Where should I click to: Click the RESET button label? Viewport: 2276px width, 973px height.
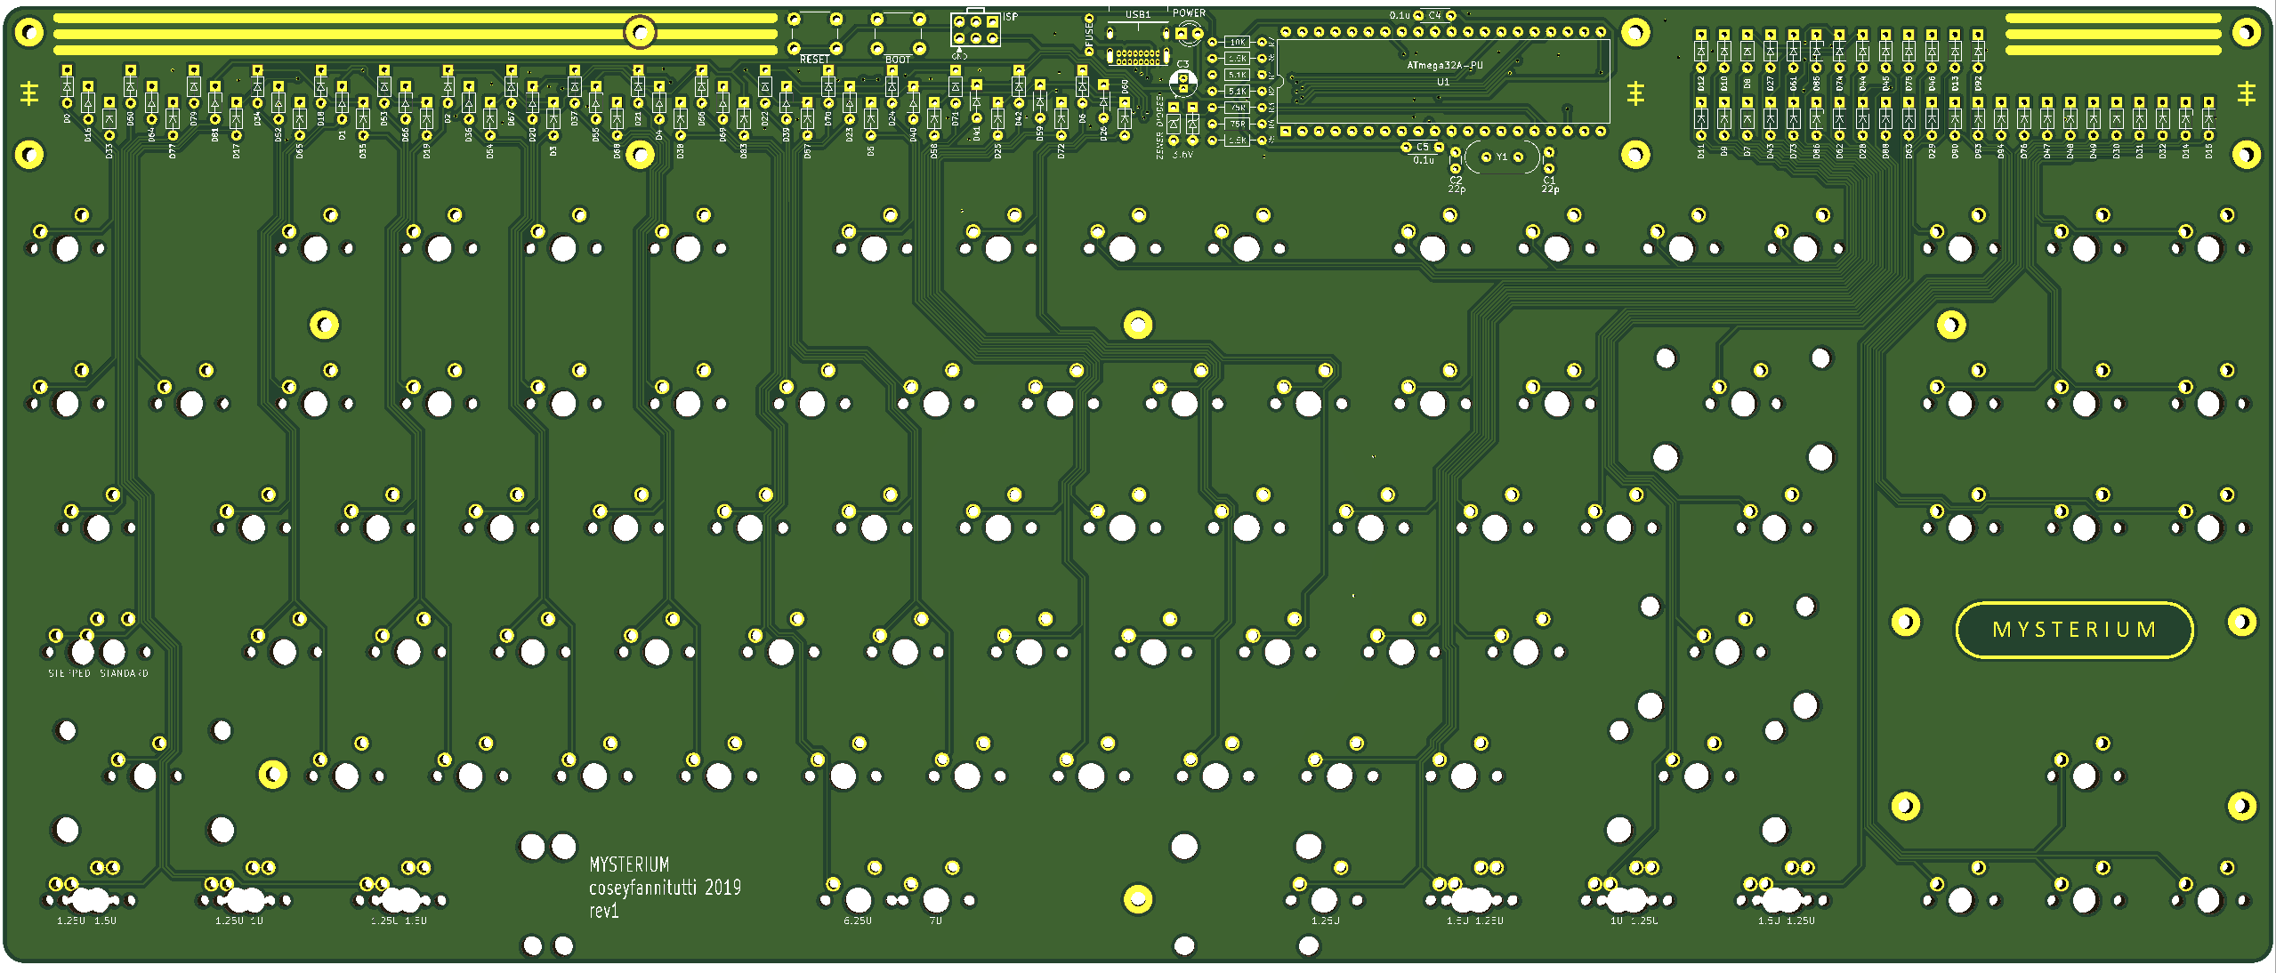pyautogui.click(x=813, y=60)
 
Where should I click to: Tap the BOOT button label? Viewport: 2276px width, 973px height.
pyautogui.click(x=898, y=60)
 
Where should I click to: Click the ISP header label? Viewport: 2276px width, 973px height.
pyautogui.click(x=1010, y=17)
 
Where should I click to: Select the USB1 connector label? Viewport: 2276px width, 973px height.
pyautogui.click(x=1137, y=14)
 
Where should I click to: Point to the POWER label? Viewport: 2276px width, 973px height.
pyautogui.click(x=1189, y=13)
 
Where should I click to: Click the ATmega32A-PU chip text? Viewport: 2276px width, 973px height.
pyautogui.click(x=1444, y=66)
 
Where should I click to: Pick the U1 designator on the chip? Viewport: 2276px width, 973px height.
pyautogui.click(x=1443, y=82)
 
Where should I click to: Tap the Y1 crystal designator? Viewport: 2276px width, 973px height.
pyautogui.click(x=1502, y=157)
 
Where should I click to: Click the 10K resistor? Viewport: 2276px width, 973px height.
pyautogui.click(x=1237, y=42)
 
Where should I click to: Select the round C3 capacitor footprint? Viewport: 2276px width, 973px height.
pyautogui.click(x=1182, y=83)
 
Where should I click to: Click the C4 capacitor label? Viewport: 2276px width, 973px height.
pyautogui.click(x=1434, y=15)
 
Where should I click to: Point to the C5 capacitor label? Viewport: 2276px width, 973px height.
pyautogui.click(x=1422, y=148)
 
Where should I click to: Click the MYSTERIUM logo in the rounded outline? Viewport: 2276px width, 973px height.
pyautogui.click(x=2074, y=630)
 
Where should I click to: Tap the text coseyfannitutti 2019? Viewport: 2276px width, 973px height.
pyautogui.click(x=665, y=888)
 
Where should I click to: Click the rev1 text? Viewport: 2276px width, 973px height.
pyautogui.click(x=603, y=911)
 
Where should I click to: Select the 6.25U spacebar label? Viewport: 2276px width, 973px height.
pyautogui.click(x=858, y=921)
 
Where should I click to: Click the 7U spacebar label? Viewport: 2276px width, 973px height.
pyautogui.click(x=935, y=921)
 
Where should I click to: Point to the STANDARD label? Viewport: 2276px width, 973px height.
pyautogui.click(x=124, y=673)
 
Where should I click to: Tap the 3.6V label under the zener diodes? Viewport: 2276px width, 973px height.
pyautogui.click(x=1182, y=155)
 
